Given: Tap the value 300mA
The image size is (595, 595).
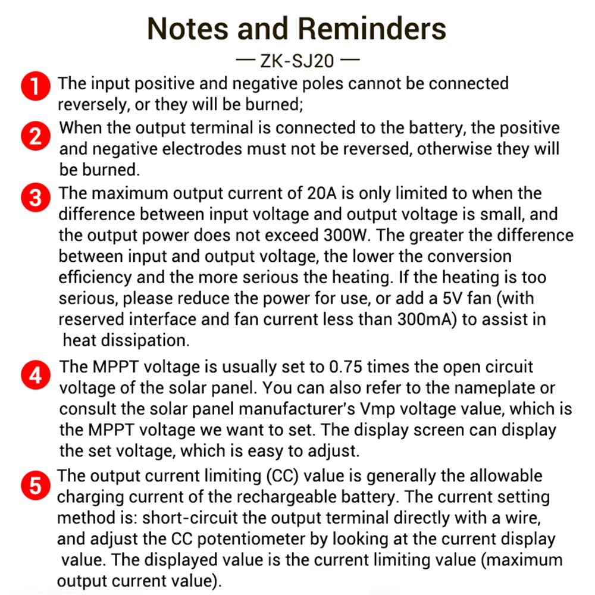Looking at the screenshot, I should tap(426, 319).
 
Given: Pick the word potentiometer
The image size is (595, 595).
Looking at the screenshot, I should tap(265, 540).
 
